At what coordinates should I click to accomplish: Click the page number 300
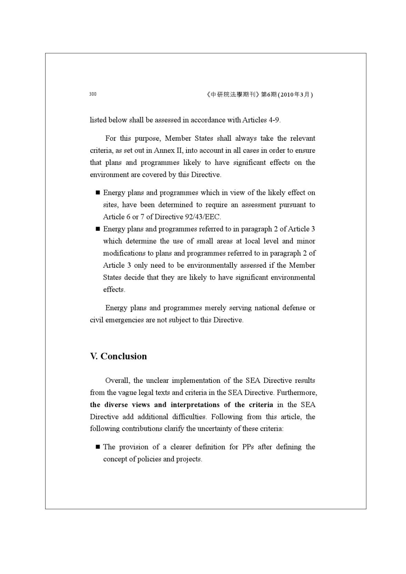tap(93, 94)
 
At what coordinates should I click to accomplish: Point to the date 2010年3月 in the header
tap(295, 95)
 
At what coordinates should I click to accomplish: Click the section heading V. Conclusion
tap(118, 356)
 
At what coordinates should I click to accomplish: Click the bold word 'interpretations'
tap(195, 405)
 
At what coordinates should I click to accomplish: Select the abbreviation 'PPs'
tap(248, 447)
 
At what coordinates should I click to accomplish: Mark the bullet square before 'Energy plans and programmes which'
tap(98, 192)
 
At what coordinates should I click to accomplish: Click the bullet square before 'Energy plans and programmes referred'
tap(98, 229)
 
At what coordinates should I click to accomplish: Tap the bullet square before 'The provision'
tap(98, 447)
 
